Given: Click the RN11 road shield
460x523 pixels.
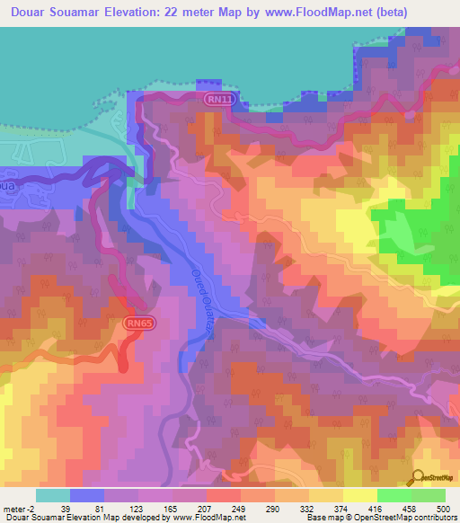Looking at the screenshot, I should [x=217, y=100].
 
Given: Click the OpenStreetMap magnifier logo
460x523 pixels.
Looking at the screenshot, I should [x=418, y=478].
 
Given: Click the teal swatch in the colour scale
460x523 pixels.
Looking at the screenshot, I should [x=52, y=495].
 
